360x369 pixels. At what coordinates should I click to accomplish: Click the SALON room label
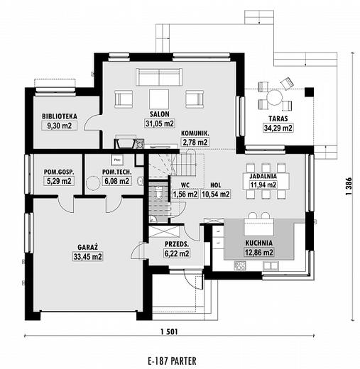pos(160,114)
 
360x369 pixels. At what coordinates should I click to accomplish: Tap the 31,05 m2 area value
pos(160,123)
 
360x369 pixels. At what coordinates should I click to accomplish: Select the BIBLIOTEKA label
pos(60,116)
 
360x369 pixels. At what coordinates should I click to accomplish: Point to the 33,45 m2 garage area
pos(87,256)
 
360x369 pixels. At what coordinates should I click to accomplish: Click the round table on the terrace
pos(275,98)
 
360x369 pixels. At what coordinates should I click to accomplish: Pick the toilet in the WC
pos(158,192)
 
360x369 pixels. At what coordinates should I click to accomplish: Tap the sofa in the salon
pos(159,77)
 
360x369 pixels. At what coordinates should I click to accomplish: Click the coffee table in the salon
pos(159,99)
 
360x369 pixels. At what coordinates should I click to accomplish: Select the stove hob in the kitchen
pos(240,265)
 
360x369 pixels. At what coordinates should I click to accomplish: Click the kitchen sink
pos(271,265)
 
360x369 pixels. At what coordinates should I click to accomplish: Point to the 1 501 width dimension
pos(169,332)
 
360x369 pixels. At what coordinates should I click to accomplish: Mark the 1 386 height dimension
pos(349,187)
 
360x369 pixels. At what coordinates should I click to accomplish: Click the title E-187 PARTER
pos(172,361)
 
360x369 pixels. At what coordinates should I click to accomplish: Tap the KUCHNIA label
pos(258,243)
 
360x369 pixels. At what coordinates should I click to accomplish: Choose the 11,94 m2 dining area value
pos(263,184)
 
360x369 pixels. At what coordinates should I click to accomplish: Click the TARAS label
pos(278,119)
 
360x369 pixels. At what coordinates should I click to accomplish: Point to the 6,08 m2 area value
pos(116,181)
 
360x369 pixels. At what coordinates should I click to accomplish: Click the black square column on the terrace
pos(309,92)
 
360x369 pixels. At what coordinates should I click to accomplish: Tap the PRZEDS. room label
pos(177,244)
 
